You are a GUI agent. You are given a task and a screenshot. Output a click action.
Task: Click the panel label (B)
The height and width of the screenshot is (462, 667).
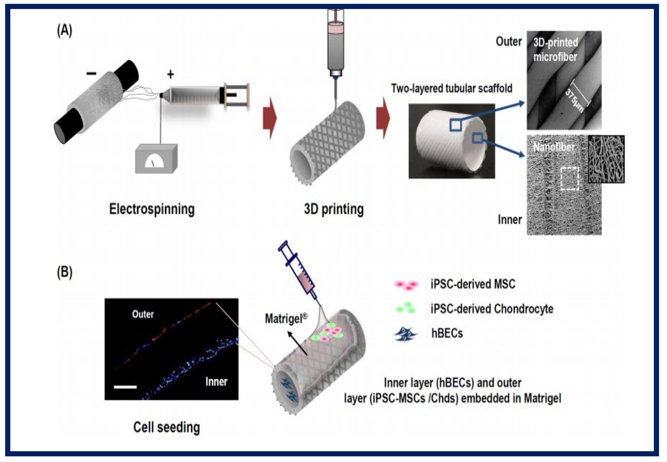pos(64,272)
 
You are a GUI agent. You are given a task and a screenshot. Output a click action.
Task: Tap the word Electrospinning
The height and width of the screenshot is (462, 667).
pos(152,209)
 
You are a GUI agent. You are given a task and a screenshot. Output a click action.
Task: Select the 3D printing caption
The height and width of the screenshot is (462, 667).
pos(334,209)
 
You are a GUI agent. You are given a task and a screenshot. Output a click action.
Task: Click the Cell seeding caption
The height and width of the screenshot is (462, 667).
pos(166,427)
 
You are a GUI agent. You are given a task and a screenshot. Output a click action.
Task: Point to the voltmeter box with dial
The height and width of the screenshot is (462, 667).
pos(156,159)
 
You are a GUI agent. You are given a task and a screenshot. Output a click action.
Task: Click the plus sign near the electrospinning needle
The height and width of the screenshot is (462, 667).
pos(171,74)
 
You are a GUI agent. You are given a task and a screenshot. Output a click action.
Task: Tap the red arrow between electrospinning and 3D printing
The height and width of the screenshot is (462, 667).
pos(270,118)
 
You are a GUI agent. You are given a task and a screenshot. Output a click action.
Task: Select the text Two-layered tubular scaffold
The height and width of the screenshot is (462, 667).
pos(452,88)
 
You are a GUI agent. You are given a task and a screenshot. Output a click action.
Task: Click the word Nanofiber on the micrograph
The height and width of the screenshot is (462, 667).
pos(554,147)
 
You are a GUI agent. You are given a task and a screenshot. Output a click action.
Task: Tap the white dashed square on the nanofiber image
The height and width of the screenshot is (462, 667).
pos(570,178)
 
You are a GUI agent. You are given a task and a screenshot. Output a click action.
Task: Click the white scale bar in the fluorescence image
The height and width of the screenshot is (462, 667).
pos(125,387)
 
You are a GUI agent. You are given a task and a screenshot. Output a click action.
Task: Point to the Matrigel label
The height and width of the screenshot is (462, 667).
pos(286,319)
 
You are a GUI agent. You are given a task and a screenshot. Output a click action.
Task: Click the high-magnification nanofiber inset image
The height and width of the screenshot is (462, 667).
pos(606,159)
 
